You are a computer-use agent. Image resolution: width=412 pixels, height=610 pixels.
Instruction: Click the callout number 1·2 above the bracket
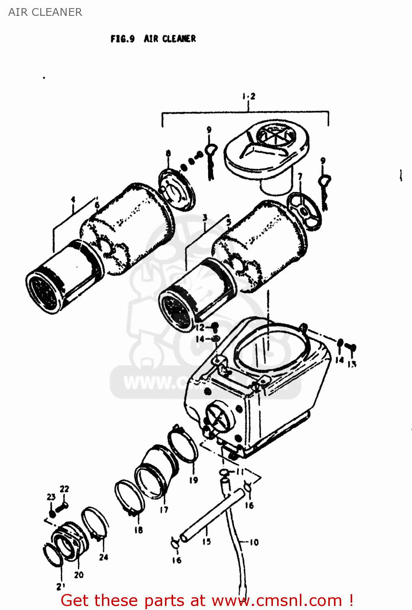[249, 96]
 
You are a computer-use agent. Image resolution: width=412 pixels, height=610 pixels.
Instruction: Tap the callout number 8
[168, 154]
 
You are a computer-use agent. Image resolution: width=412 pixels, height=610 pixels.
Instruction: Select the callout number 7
[300, 176]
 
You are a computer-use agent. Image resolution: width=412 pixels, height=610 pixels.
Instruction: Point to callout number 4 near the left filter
[73, 199]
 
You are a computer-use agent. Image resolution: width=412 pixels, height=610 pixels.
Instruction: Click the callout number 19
[193, 480]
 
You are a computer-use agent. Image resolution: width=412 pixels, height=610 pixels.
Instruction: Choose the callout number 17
[164, 510]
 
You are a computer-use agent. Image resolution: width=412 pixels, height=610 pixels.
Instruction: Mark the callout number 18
[139, 530]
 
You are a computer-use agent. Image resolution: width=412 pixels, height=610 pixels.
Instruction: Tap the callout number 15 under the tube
[206, 541]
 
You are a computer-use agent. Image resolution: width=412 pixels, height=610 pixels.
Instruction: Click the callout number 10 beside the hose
[254, 542]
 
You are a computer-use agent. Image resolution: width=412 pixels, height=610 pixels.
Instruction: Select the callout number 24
[104, 557]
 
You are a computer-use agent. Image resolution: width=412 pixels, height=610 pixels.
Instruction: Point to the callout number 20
[79, 575]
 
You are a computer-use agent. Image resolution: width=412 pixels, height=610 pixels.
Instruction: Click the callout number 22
[65, 489]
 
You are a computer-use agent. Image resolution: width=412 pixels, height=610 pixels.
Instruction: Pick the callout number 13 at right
[352, 364]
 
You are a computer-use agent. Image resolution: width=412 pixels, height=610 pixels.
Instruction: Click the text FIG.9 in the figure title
[122, 39]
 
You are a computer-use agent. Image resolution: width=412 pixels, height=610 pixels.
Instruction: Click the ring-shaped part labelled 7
[304, 211]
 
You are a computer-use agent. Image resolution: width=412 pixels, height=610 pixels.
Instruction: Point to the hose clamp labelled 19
[183, 446]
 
